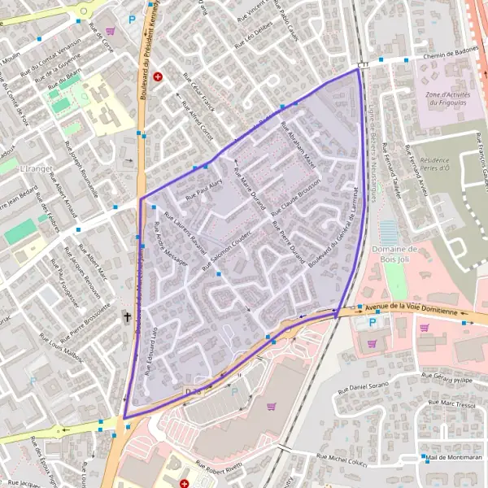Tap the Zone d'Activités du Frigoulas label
click(445, 98)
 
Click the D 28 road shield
click(192, 391)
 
